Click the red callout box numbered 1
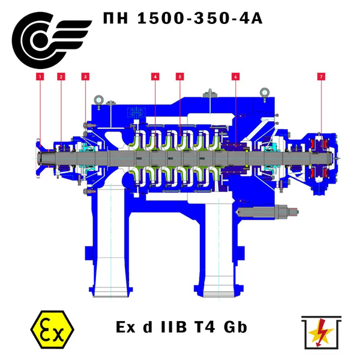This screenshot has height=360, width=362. click(x=40, y=77)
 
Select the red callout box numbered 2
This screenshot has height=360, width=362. click(x=61, y=77)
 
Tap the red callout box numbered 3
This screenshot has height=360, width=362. click(x=85, y=77)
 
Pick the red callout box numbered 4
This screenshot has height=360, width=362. click(x=155, y=77)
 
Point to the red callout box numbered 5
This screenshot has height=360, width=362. click(x=180, y=77)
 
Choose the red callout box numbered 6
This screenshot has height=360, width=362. click(x=235, y=77)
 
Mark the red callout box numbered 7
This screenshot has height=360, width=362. click(x=321, y=77)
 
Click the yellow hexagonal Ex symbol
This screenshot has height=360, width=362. click(x=52, y=329)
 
